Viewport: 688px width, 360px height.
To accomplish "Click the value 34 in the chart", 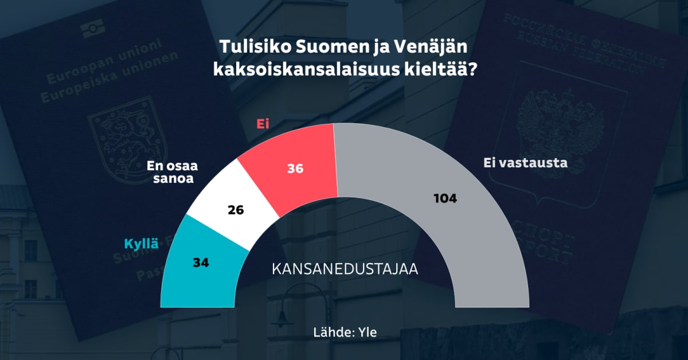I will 201,263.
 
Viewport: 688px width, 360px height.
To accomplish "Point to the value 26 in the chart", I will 236,210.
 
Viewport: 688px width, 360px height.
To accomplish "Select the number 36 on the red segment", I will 295,169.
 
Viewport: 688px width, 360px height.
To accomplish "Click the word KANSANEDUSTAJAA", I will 344,269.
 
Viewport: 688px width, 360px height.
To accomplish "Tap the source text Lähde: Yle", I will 345,332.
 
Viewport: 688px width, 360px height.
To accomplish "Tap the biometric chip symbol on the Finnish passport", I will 92,27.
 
